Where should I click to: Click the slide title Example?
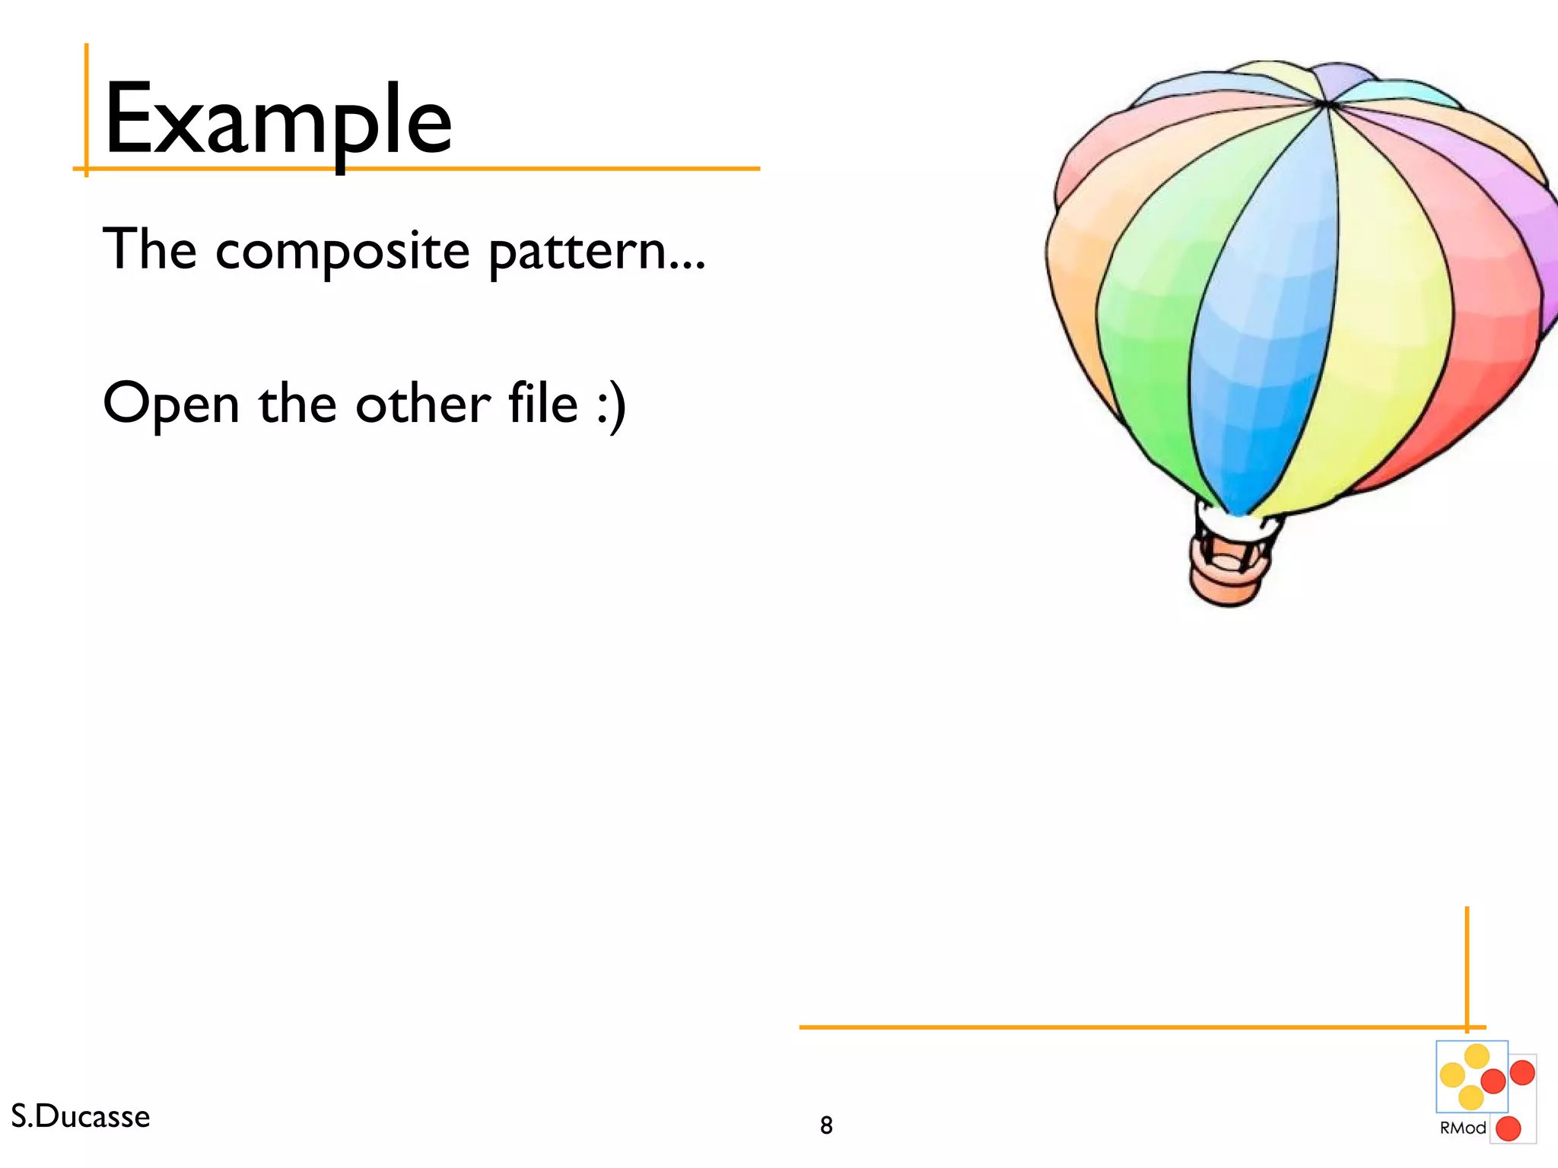click(278, 120)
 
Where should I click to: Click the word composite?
click(342, 251)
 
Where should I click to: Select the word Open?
click(171, 405)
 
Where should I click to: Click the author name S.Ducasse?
click(81, 1116)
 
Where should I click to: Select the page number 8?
click(826, 1125)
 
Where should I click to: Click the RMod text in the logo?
click(1462, 1128)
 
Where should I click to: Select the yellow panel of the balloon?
click(1385, 319)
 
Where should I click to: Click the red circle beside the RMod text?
click(1509, 1128)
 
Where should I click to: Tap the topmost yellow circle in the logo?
click(1477, 1055)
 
